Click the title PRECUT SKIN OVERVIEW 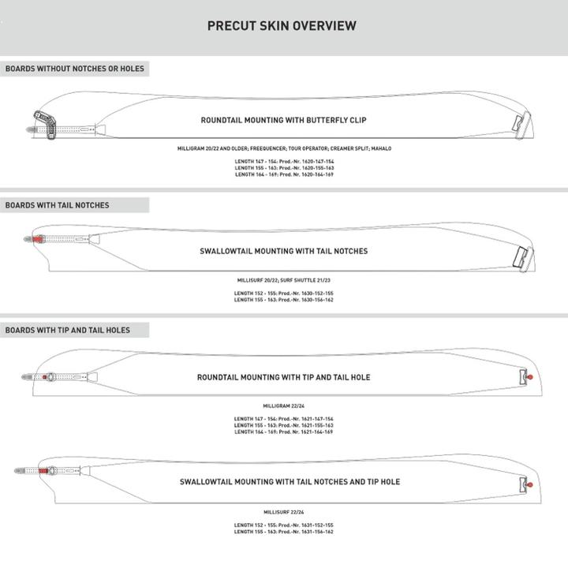click(x=282, y=26)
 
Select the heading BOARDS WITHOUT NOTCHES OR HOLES click(x=75, y=69)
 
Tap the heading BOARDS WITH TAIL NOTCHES click(x=58, y=205)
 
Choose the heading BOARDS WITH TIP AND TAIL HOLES click(x=68, y=330)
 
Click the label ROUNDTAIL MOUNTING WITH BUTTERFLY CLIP click(x=283, y=121)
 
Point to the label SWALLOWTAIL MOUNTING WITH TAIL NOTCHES click(x=284, y=251)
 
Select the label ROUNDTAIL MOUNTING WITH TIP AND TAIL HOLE click(x=283, y=377)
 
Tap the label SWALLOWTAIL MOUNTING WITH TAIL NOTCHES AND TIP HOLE click(x=290, y=481)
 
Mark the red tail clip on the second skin click(x=37, y=237)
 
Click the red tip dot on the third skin click(x=529, y=377)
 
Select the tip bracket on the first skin click(x=518, y=124)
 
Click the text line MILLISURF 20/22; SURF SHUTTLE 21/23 click(x=284, y=280)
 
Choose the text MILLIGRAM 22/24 click(x=284, y=406)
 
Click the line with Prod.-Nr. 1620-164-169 click(x=284, y=174)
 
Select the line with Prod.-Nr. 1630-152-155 click(x=284, y=293)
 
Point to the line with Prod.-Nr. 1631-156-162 click(x=284, y=532)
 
